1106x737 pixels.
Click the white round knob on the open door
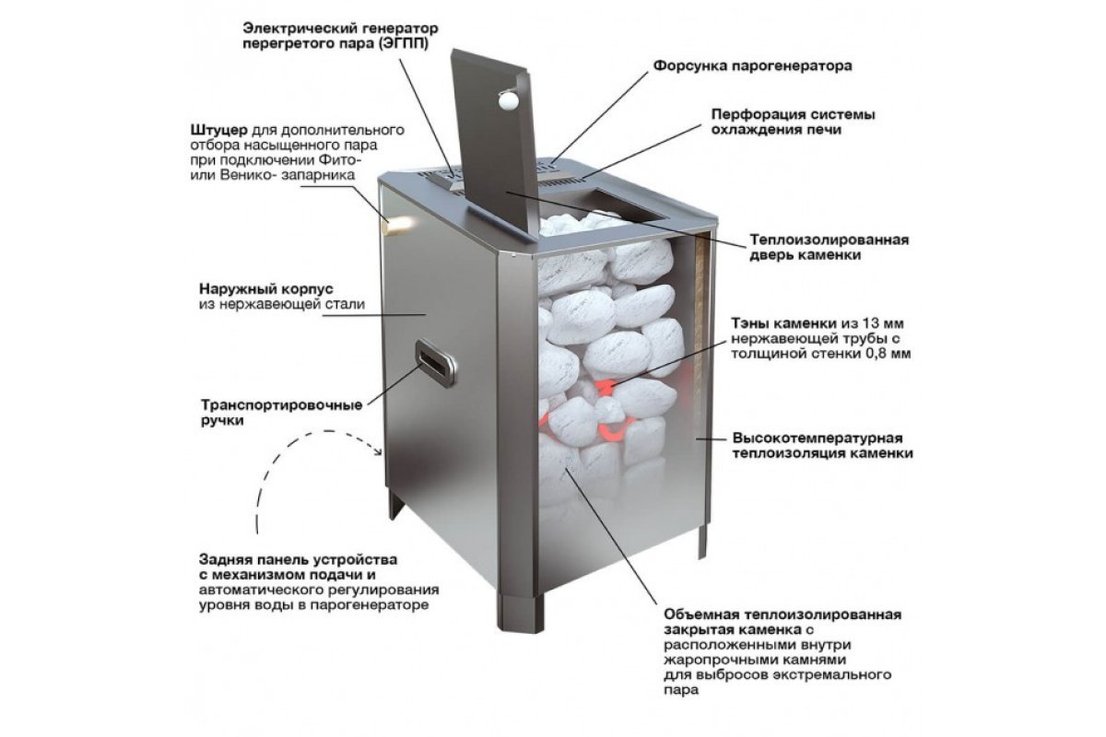click(509, 100)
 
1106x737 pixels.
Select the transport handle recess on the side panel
click(435, 362)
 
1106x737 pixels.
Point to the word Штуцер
click(219, 130)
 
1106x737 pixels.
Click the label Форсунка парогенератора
click(752, 65)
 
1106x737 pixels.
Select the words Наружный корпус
click(266, 288)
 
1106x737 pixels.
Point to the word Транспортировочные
click(281, 405)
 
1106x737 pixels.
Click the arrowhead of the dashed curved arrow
click(379, 450)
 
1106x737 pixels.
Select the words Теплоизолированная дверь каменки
click(829, 247)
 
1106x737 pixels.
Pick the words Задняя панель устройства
click(298, 560)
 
